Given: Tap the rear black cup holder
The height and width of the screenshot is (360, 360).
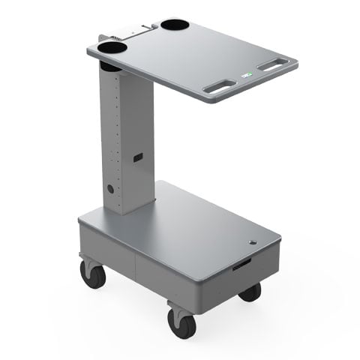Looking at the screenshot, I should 174,24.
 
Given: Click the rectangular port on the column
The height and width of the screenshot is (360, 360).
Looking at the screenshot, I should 138,157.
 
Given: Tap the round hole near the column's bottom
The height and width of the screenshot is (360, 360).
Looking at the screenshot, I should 110,189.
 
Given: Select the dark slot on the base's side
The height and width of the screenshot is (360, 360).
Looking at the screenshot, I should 243,265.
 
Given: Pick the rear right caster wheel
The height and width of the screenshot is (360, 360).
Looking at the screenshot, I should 250,292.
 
